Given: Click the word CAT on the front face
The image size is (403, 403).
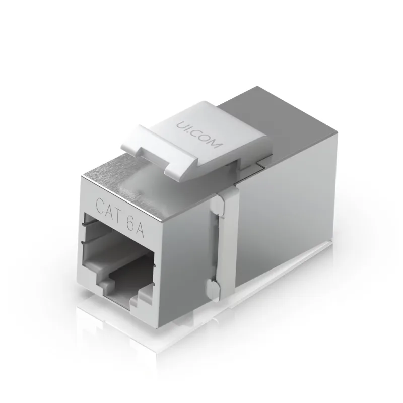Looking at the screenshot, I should tap(107, 205).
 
